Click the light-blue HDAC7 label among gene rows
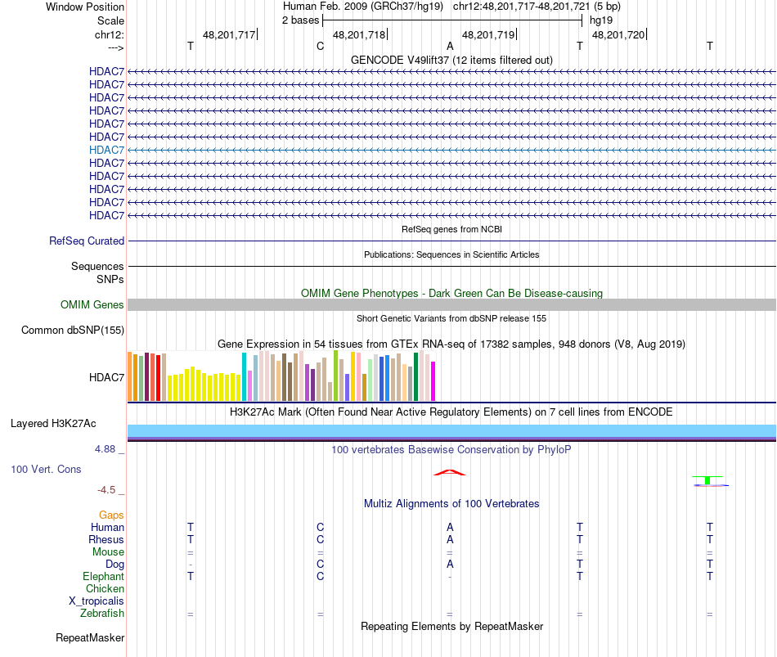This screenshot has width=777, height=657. click(x=107, y=150)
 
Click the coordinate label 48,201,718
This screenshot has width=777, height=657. click(x=359, y=34)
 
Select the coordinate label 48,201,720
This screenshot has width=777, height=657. click(x=618, y=34)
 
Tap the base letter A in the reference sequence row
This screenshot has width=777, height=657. click(x=450, y=46)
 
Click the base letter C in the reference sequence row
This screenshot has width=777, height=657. click(x=321, y=46)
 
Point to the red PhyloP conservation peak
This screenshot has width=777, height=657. click(x=450, y=472)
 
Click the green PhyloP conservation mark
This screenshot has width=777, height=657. click(x=707, y=479)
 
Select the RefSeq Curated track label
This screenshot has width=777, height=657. click(x=87, y=241)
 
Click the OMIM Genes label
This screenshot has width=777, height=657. click(x=92, y=304)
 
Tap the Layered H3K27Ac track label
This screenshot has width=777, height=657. click(x=53, y=424)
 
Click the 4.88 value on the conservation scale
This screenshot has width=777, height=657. click(x=106, y=449)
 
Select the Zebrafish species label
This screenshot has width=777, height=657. click(x=102, y=614)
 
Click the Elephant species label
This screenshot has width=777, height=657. click(x=103, y=577)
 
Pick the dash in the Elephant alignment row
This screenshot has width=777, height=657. click(x=450, y=577)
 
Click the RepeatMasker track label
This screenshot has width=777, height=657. click(x=90, y=637)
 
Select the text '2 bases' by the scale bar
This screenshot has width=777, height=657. click(x=300, y=20)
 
